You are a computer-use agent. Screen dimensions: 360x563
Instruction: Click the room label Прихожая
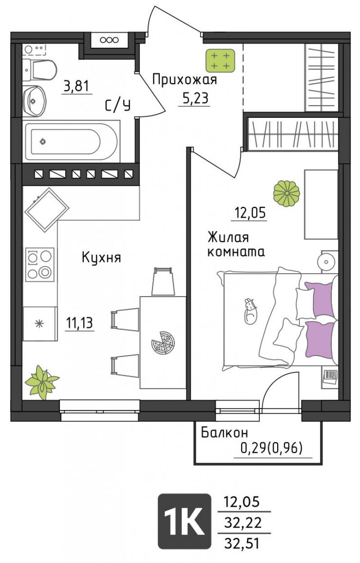(x=184, y=81)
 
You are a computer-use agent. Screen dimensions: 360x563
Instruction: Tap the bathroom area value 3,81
(x=76, y=86)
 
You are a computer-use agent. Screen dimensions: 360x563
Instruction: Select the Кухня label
(x=101, y=257)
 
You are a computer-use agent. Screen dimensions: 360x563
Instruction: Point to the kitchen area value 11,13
(x=80, y=323)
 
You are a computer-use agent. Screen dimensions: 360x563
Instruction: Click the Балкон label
(x=225, y=432)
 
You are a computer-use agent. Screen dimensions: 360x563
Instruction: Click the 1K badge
(x=184, y=522)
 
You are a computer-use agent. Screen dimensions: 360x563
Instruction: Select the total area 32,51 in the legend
(x=242, y=542)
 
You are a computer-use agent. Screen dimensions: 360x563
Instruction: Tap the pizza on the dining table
(x=163, y=343)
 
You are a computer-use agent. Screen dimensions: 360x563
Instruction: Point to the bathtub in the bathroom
(x=72, y=141)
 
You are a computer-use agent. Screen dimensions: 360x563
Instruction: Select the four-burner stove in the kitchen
(x=40, y=265)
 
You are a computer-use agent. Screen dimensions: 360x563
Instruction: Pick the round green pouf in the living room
(x=286, y=194)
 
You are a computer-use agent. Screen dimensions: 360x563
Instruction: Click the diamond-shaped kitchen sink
(x=47, y=210)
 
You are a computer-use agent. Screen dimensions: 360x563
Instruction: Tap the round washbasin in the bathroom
(x=35, y=101)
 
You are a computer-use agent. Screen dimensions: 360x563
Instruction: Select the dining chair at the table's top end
(x=163, y=281)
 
